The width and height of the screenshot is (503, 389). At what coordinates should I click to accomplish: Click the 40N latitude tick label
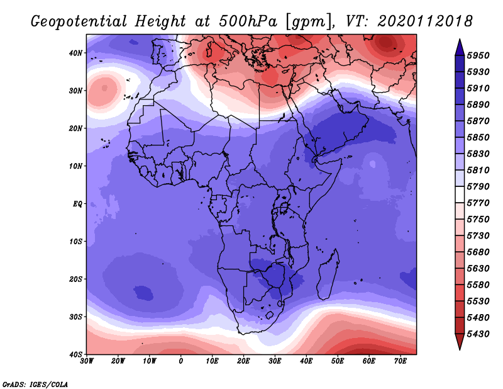click(x=75, y=53)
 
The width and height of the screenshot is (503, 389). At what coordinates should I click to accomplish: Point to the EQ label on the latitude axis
click(x=77, y=204)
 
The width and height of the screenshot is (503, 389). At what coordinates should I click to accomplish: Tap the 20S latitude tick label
click(x=75, y=279)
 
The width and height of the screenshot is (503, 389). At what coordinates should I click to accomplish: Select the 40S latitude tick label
click(x=75, y=354)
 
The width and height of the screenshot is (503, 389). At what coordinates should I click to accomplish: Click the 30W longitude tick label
click(x=87, y=361)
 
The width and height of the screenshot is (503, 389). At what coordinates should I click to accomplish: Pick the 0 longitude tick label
click(x=181, y=361)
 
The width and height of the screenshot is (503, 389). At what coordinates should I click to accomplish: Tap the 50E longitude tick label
click(x=338, y=361)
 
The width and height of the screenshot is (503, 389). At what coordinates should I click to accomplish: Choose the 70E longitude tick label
click(x=401, y=361)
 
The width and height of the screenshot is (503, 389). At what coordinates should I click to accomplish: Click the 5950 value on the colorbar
click(x=478, y=55)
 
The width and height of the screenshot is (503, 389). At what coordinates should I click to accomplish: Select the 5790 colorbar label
click(x=478, y=186)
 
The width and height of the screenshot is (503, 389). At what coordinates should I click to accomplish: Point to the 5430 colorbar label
click(x=478, y=334)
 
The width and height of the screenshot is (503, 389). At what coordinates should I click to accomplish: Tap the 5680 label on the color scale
click(x=478, y=252)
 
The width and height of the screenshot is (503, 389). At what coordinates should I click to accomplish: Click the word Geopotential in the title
click(x=79, y=21)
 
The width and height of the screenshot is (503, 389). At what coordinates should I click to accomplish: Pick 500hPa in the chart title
click(x=248, y=21)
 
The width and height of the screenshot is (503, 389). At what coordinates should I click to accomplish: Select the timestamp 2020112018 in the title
click(x=425, y=21)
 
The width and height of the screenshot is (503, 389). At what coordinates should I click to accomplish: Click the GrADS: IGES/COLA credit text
click(x=35, y=384)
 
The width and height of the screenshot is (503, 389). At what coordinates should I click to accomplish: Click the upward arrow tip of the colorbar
click(x=460, y=40)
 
